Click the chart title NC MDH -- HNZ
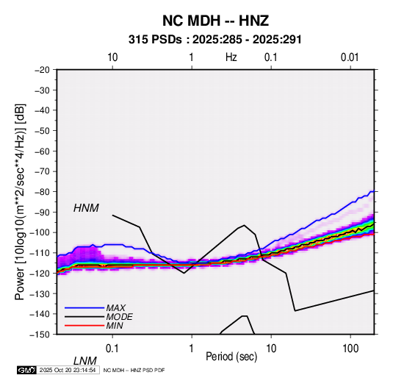[215, 21]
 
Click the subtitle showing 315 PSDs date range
[214, 40]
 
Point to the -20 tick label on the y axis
[42, 70]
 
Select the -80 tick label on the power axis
[42, 192]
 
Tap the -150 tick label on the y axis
[40, 335]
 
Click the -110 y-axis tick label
[40, 253]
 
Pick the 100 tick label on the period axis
[350, 348]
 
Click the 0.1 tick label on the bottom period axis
[112, 348]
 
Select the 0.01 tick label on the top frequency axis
[350, 57]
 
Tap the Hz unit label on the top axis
[231, 57]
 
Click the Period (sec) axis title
[231, 357]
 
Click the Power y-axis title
[20, 201]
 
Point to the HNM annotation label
[86, 208]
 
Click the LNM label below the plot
[85, 361]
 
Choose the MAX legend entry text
[115, 307]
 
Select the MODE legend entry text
[119, 317]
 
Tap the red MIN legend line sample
[84, 326]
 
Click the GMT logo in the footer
[26, 370]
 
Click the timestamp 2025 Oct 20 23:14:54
[68, 370]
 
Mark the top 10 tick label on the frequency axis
[112, 57]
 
